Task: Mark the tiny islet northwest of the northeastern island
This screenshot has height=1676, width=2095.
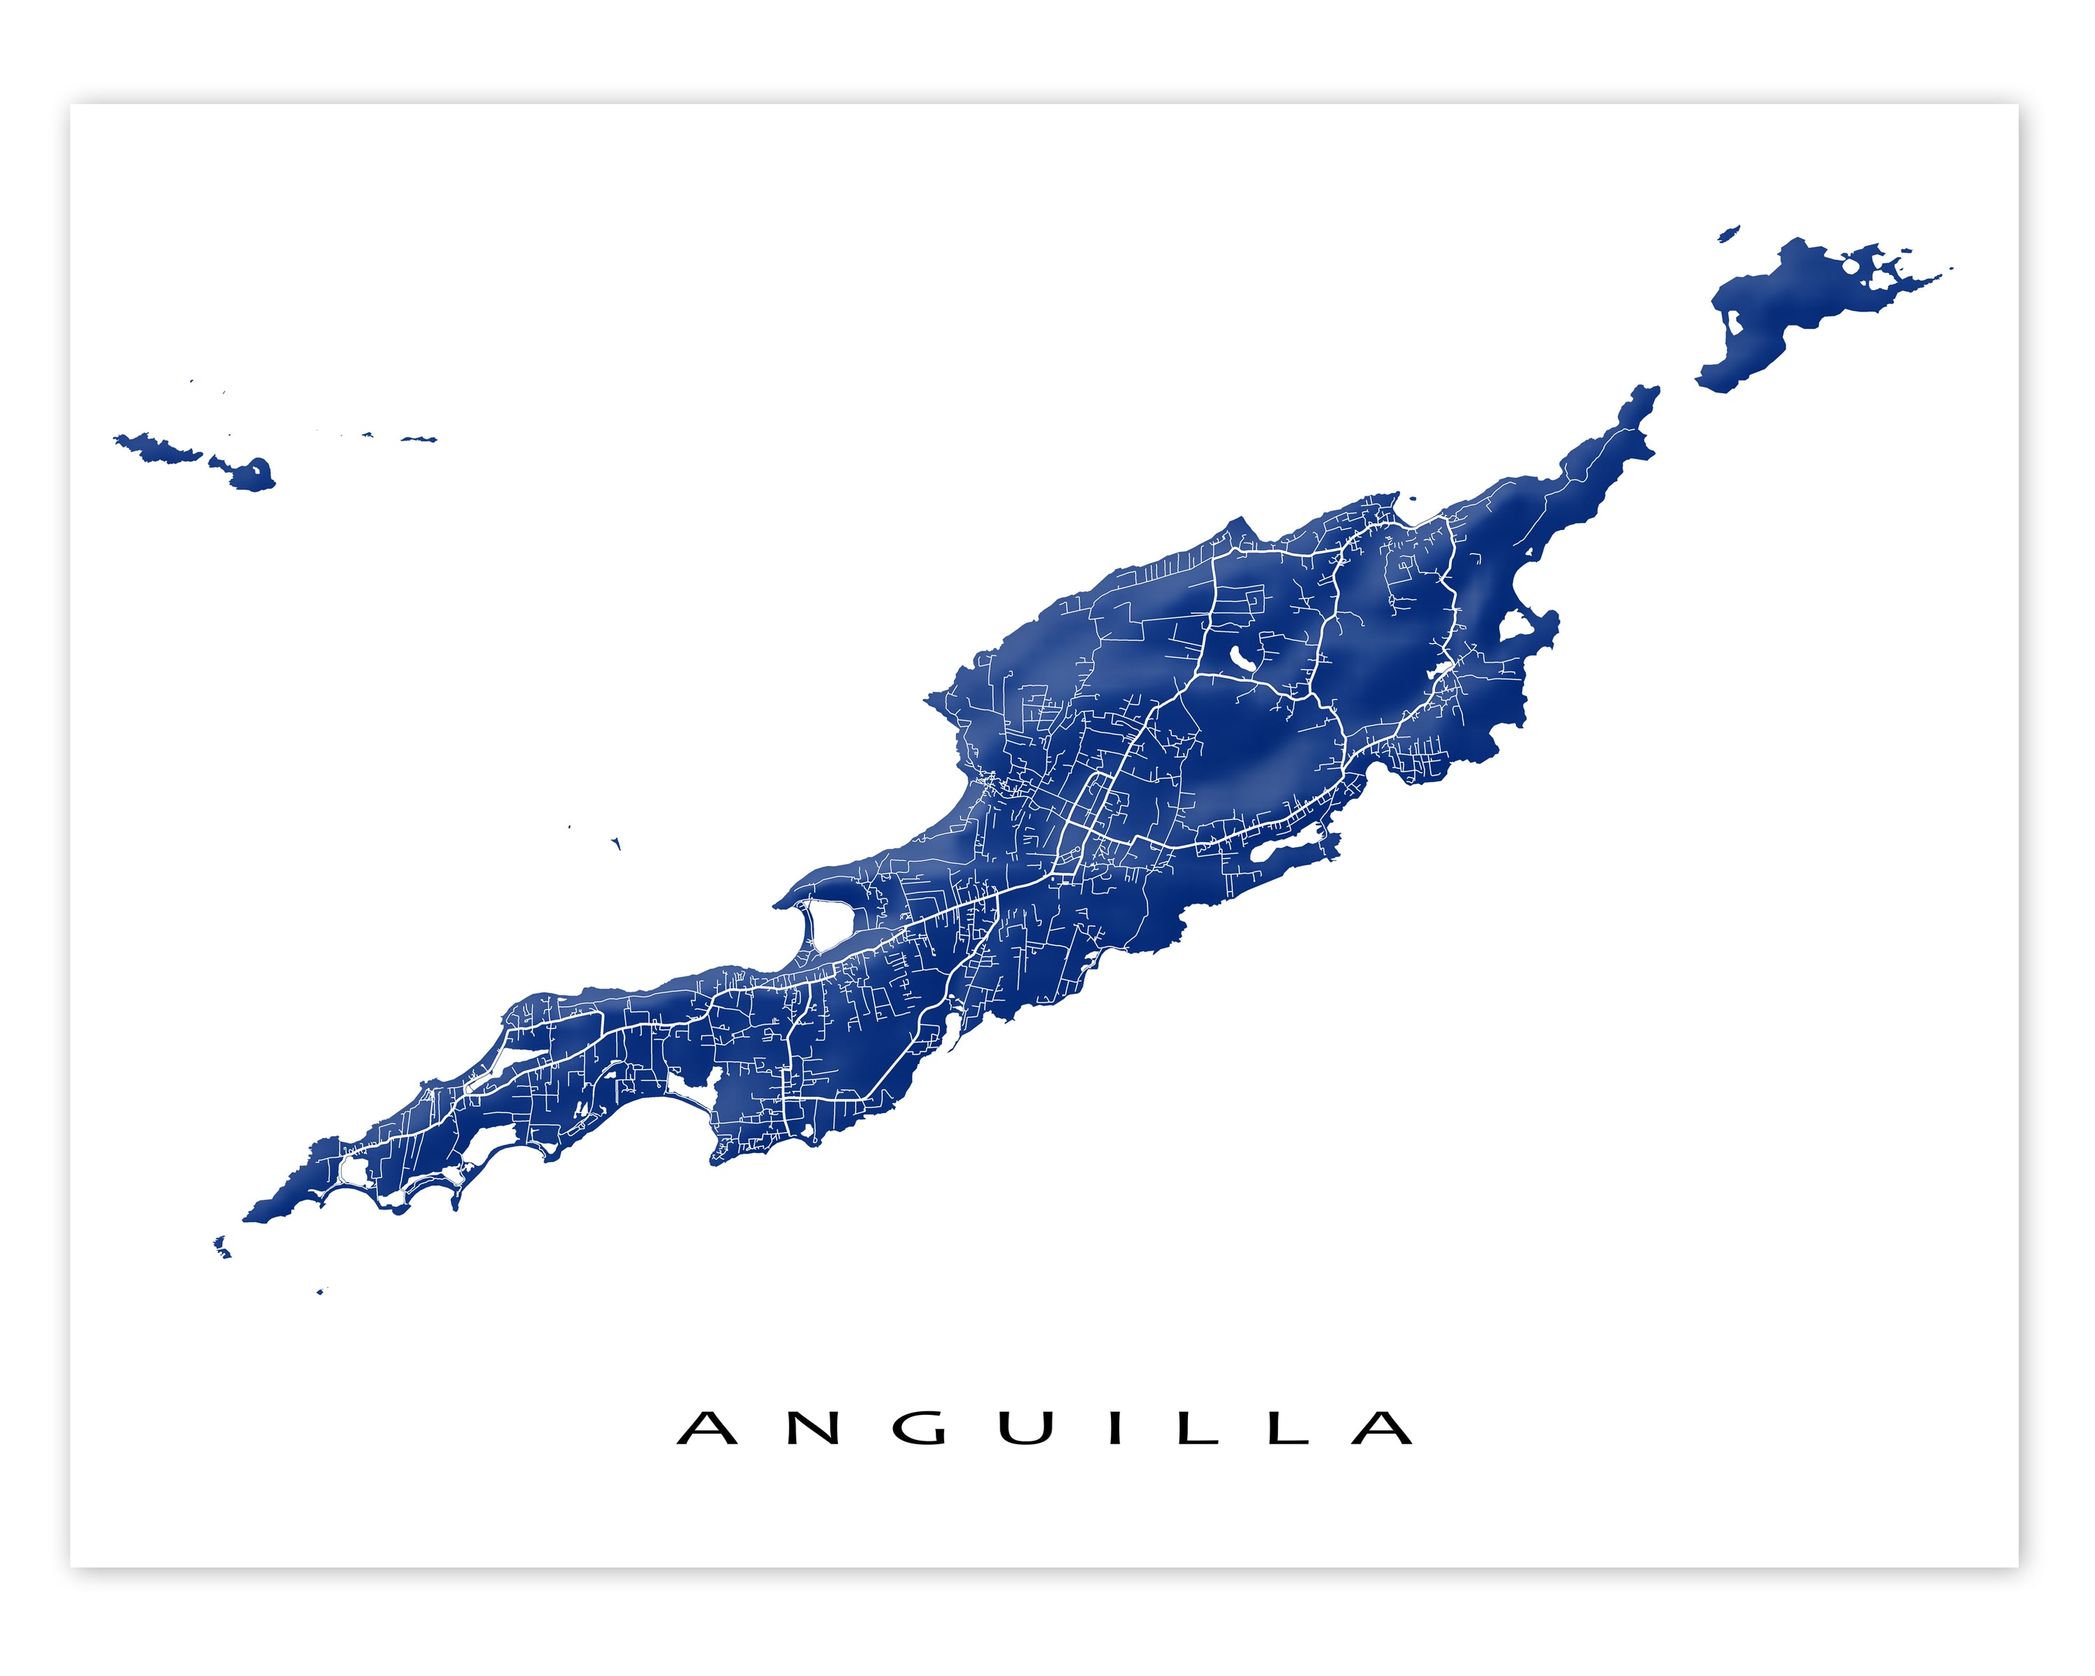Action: point(1728,233)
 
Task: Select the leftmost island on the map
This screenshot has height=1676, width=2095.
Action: point(155,449)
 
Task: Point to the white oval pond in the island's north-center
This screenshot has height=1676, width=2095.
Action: point(1241,662)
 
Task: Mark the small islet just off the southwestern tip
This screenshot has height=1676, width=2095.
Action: point(223,1248)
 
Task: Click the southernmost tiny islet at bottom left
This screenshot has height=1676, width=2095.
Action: point(320,1291)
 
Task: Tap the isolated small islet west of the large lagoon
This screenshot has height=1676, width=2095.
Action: point(616,844)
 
